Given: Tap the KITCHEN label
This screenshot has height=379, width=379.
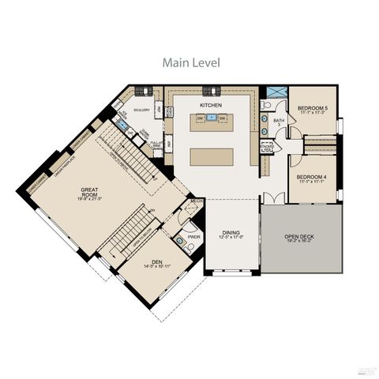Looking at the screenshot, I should pyautogui.click(x=210, y=104).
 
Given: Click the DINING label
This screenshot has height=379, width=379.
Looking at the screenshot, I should pyautogui.click(x=231, y=232).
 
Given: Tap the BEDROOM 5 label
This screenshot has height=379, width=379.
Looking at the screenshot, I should pyautogui.click(x=313, y=107).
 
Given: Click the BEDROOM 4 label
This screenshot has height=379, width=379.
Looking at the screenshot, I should pyautogui.click(x=313, y=176).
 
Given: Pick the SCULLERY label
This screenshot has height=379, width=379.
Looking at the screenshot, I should pyautogui.click(x=141, y=110).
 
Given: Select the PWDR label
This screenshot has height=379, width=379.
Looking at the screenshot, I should pyautogui.click(x=194, y=235).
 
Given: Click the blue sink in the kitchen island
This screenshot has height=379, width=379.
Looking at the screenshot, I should pyautogui.click(x=211, y=118).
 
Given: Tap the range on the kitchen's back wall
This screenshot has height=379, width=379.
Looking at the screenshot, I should pyautogui.click(x=211, y=90).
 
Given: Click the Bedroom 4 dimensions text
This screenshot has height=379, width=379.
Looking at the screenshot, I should pyautogui.click(x=313, y=182).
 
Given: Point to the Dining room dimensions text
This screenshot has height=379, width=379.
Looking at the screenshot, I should pyautogui.click(x=231, y=238).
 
